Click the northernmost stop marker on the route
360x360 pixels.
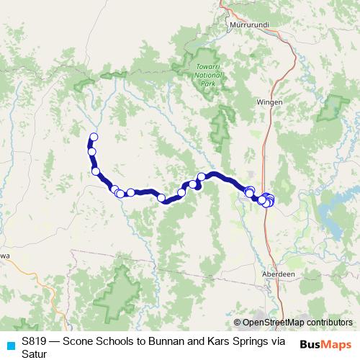93,138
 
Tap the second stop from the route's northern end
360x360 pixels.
91,151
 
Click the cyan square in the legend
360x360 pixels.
10,343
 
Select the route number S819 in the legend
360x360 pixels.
35,341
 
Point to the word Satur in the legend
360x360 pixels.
34,354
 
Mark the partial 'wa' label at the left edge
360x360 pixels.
4,255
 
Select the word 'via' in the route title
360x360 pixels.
278,341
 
